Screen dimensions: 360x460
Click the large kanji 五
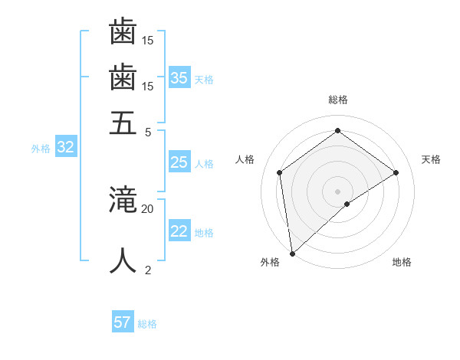click(x=123, y=123)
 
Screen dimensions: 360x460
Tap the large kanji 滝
click(x=123, y=201)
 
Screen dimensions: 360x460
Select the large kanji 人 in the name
click(x=123, y=260)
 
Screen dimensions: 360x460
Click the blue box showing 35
click(x=179, y=78)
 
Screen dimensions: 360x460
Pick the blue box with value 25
click(x=179, y=162)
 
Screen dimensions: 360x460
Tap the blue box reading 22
click(x=179, y=232)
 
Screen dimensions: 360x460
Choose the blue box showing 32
click(x=65, y=148)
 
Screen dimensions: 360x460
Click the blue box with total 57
click(x=123, y=322)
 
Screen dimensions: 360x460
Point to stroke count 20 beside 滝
click(x=147, y=208)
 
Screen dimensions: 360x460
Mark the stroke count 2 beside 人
click(x=148, y=270)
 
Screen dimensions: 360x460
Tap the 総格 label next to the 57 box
click(x=147, y=324)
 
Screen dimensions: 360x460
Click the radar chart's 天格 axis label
click(x=431, y=159)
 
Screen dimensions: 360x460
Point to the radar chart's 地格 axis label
click(x=402, y=262)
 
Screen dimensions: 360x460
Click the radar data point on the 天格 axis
click(x=396, y=172)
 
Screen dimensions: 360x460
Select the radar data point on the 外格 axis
click(x=292, y=253)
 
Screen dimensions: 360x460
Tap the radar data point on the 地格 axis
click(x=347, y=204)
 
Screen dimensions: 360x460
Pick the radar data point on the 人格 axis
click(x=280, y=172)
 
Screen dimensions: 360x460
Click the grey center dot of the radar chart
click(x=337, y=191)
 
